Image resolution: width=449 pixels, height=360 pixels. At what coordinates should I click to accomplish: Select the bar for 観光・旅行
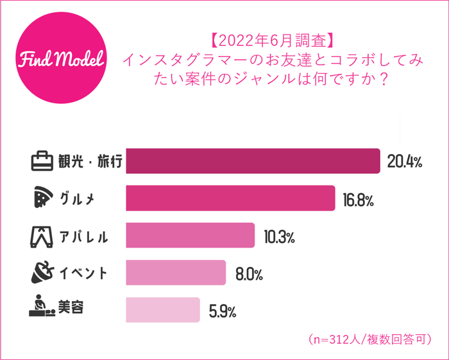point(253,161)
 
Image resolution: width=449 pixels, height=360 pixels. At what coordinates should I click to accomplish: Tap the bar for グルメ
point(230,198)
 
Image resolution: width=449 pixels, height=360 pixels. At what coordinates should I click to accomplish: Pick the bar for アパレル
point(191,236)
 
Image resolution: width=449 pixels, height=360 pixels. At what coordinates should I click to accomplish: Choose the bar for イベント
point(176,273)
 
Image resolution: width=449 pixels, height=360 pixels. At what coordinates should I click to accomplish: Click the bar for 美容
point(163,310)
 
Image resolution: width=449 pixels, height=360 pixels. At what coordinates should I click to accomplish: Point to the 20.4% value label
point(404,162)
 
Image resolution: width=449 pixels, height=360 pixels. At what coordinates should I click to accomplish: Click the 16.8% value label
point(357,199)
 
